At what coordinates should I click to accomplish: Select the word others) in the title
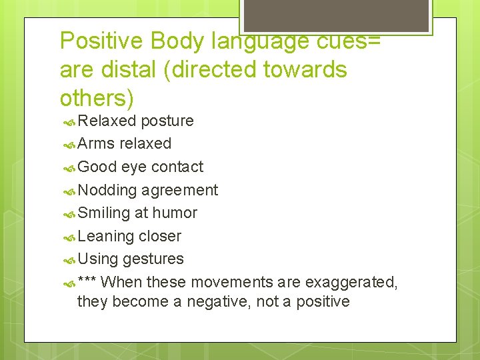[x=97, y=98]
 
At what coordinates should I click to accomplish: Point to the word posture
[x=167, y=121]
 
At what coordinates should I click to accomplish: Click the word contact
[x=177, y=167]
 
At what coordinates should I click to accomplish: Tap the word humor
[x=175, y=213]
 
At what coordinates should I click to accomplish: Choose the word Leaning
[x=106, y=237]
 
